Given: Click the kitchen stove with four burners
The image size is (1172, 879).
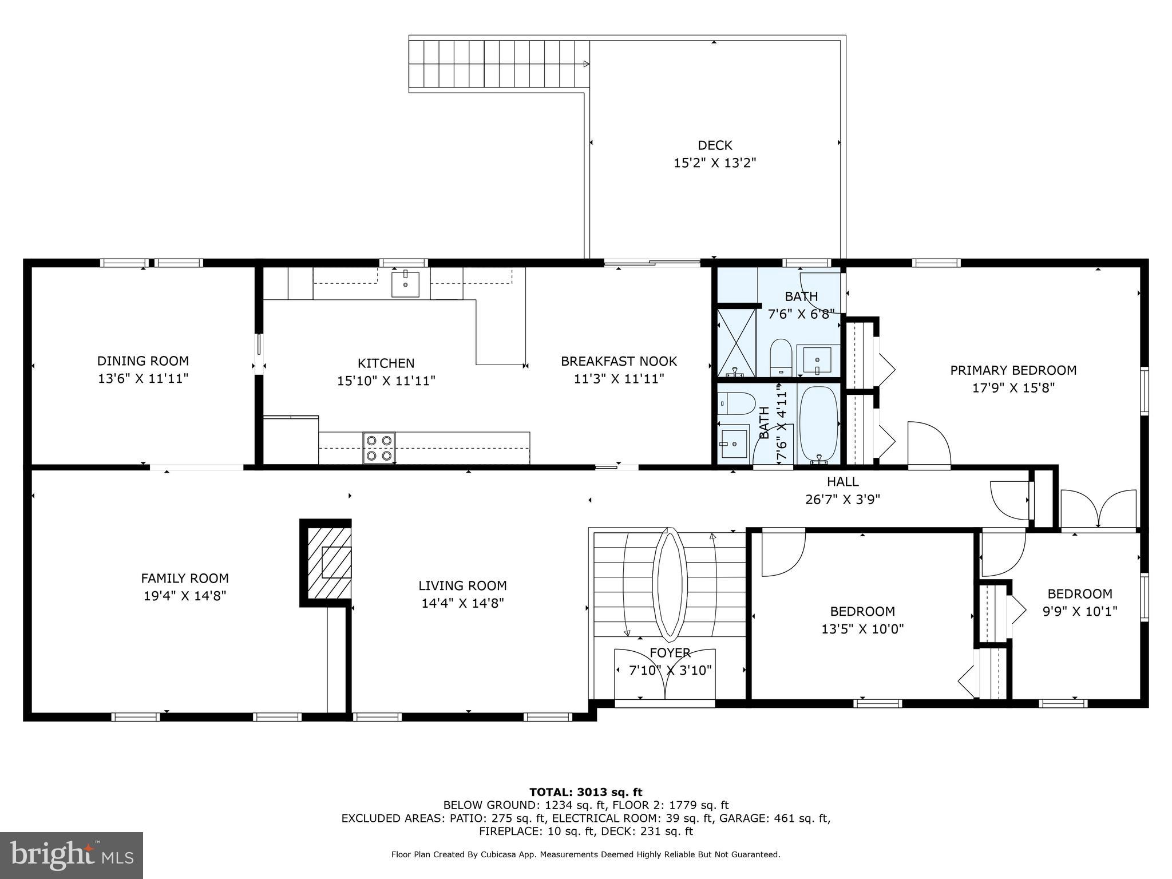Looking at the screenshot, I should point(379,448).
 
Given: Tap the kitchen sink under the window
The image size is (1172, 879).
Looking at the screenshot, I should point(405,284).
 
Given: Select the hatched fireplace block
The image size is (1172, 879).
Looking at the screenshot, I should point(329,562).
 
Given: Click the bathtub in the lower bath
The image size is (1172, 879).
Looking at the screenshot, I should point(818,424).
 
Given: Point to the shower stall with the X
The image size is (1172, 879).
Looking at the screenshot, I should point(737,342).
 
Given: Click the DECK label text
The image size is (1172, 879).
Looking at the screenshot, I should point(715,145).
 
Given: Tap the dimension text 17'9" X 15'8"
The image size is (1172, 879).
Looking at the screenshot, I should point(1013,388).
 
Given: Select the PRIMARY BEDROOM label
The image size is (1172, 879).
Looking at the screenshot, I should point(1013,370).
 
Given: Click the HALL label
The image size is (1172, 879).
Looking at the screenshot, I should point(842,482).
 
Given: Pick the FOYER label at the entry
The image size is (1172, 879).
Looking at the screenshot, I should point(670,653).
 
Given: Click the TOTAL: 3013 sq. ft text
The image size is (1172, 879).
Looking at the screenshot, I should point(585,792).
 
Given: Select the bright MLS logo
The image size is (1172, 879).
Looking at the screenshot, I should point(71,855).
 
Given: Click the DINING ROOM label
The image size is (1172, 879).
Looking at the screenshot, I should point(143,361).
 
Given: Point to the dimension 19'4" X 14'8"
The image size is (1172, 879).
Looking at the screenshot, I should point(185,596).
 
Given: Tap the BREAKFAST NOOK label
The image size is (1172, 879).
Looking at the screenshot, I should point(619,361).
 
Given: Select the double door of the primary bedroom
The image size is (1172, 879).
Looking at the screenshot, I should point(1098,508).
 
